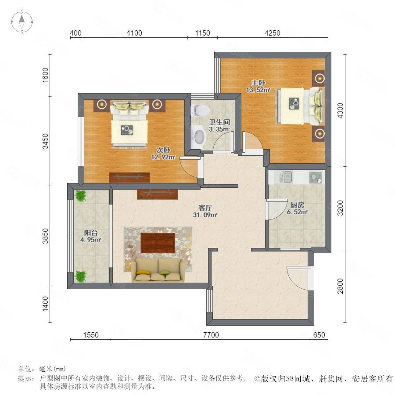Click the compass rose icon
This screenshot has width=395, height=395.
pyautogui.click(x=22, y=22)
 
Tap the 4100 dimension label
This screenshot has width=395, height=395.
pyautogui.click(x=134, y=33)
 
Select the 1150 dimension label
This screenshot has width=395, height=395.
pyautogui.click(x=202, y=33)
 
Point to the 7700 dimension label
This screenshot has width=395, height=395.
pyautogui.click(x=211, y=335)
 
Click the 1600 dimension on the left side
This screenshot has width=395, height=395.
pyautogui.click(x=45, y=75)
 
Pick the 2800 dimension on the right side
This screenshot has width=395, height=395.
pyautogui.click(x=340, y=286)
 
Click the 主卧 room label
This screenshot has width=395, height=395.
pyautogui.click(x=258, y=83)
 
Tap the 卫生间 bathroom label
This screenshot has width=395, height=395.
pyautogui.click(x=220, y=122)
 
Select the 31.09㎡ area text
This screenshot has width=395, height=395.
pyautogui.click(x=205, y=215)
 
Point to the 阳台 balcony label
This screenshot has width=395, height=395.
pyautogui.click(x=91, y=233)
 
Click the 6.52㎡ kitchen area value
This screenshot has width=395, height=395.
pyautogui.click(x=297, y=212)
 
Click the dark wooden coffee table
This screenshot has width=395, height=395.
pyautogui.click(x=158, y=243)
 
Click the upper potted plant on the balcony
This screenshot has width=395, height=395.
pyautogui.click(x=81, y=196)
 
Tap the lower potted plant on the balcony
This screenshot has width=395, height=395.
pyautogui.click(x=81, y=276)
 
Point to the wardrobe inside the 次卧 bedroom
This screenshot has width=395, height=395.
pyautogui.click(x=129, y=177)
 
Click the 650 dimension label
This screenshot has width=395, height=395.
pyautogui.click(x=319, y=335)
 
